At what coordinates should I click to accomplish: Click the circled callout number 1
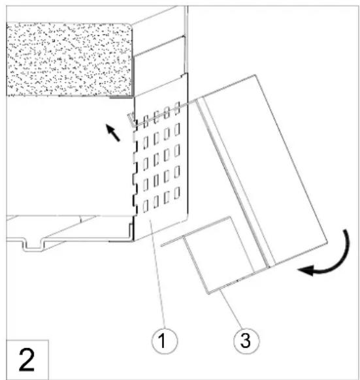(165, 341)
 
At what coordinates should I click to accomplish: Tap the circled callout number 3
(246, 341)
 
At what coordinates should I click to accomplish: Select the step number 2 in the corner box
(26, 360)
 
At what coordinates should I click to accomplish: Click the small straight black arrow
(113, 133)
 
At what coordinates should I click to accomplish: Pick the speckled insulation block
(69, 59)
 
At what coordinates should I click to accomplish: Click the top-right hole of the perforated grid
(177, 108)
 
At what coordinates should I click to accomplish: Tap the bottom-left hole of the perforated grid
(146, 207)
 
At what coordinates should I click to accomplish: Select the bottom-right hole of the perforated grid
(177, 193)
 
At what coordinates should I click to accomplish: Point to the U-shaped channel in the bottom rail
(32, 245)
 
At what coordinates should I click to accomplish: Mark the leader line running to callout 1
(158, 274)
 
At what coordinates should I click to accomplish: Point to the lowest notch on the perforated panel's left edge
(134, 204)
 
